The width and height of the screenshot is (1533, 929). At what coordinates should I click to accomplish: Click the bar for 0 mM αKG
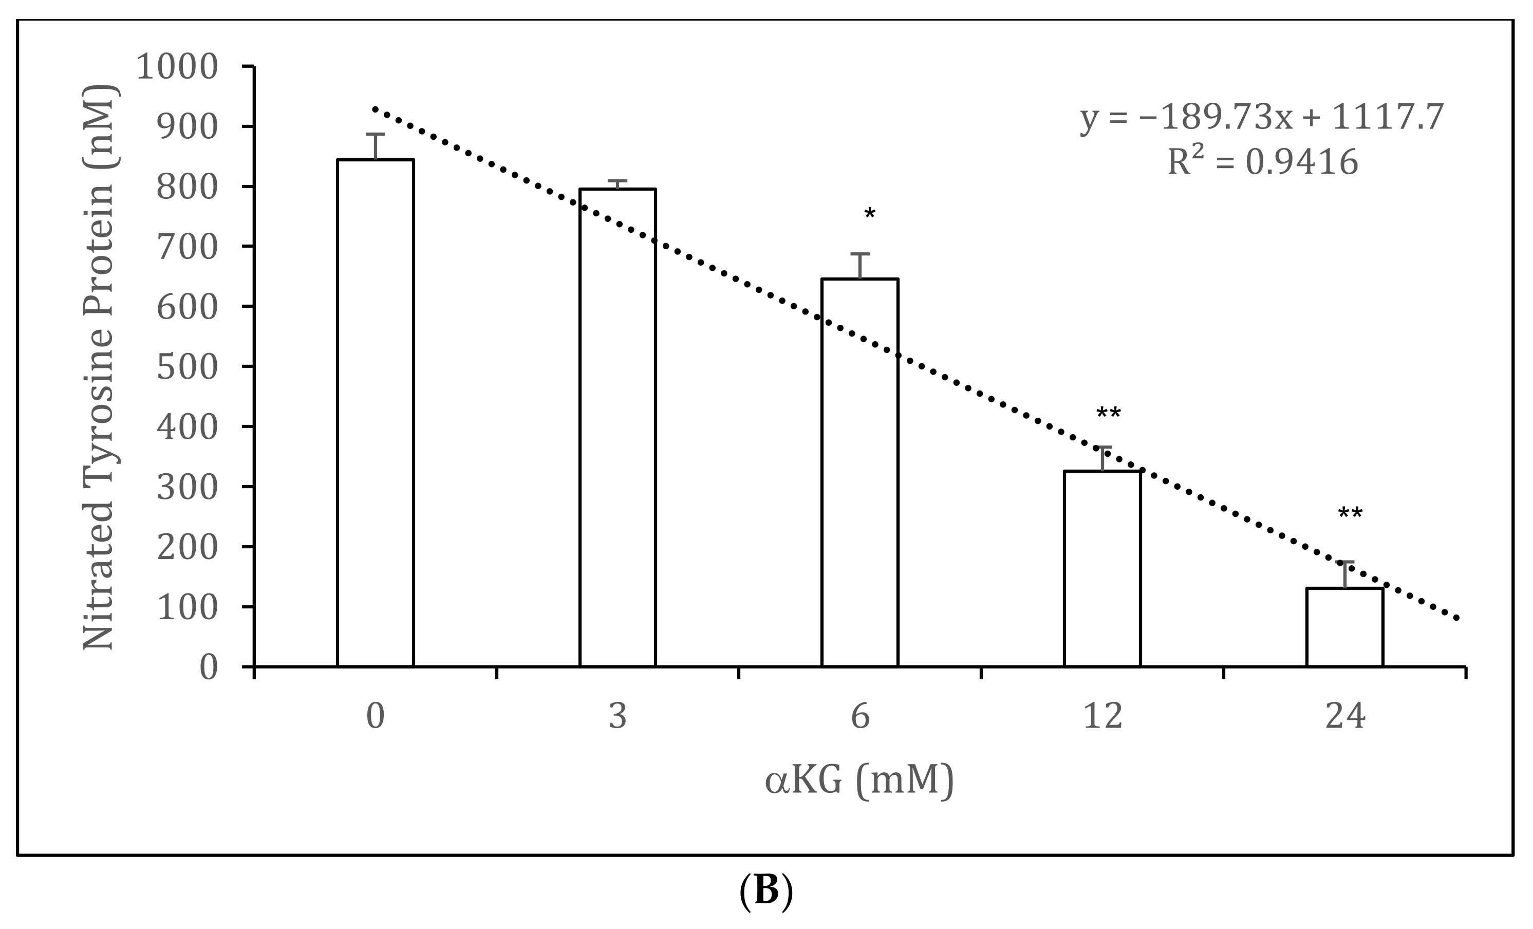pos(375,413)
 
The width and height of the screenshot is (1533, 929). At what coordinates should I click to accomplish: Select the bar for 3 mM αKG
pos(617,428)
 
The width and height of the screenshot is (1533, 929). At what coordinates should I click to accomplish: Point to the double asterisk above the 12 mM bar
pos(1108,414)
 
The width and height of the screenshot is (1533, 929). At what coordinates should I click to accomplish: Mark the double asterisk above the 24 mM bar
pos(1350,514)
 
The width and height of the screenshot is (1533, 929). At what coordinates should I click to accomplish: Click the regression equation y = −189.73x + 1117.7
pos(1262,117)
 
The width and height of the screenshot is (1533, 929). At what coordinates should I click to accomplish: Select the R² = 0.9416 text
pos(1262,162)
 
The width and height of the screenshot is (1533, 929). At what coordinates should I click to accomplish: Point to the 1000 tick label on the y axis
pos(177,67)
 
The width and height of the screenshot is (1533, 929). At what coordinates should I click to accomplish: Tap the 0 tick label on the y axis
pos(209,667)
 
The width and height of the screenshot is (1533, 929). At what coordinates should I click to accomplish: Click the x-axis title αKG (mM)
pos(859,781)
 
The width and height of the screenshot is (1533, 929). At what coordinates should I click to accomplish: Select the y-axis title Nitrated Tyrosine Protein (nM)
pos(100,367)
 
